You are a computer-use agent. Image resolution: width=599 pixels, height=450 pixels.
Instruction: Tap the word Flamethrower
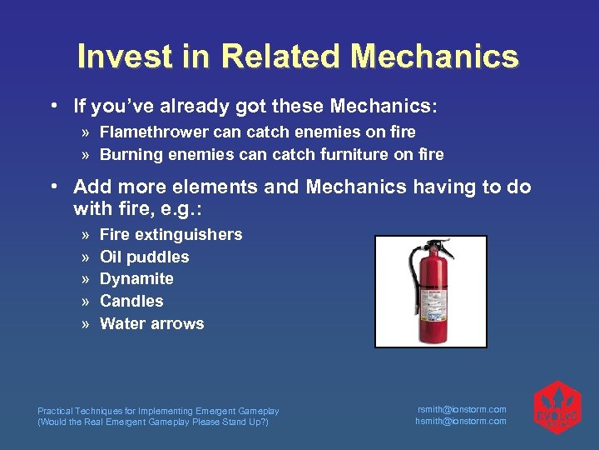click(152, 132)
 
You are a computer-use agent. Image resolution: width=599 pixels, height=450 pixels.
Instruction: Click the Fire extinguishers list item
click(171, 234)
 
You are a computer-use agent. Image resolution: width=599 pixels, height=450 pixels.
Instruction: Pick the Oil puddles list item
click(144, 257)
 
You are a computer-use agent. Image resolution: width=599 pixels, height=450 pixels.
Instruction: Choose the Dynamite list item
click(136, 279)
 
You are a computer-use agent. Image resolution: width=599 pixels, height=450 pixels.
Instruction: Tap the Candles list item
click(131, 301)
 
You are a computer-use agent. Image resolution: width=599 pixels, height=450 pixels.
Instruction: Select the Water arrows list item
click(151, 323)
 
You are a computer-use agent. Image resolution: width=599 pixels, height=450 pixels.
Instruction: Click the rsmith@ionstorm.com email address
click(461, 409)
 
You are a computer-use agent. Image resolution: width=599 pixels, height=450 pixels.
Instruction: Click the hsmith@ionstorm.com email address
click(461, 421)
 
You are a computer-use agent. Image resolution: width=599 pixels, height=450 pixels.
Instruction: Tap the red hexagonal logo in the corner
click(557, 407)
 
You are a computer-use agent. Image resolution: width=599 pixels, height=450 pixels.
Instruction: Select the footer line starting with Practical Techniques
click(158, 411)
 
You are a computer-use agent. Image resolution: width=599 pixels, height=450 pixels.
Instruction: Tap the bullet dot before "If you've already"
click(53, 107)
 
